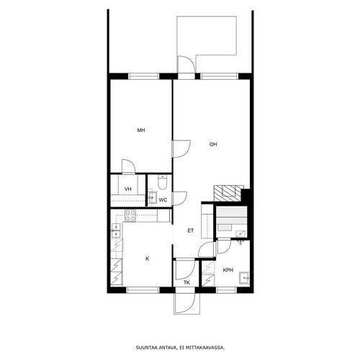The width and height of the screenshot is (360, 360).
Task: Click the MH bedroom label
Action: point(141,130)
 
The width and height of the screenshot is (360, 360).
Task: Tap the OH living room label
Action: point(213,144)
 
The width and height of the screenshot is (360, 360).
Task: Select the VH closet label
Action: point(128,189)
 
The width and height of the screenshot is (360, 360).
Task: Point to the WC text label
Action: point(163,200)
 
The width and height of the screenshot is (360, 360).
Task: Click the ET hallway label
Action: point(191,230)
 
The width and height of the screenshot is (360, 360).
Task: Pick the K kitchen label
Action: point(148,258)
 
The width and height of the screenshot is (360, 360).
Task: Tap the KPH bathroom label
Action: point(228,270)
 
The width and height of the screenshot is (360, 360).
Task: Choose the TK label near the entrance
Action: point(186,283)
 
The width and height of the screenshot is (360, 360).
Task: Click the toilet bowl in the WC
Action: point(162,182)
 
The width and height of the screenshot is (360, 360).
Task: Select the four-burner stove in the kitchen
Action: point(130,215)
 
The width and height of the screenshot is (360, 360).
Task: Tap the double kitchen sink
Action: point(116,230)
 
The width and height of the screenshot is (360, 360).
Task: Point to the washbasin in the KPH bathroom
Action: point(244,278)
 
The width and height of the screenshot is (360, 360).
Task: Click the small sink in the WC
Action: point(152,197)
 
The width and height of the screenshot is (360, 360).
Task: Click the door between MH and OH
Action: point(181,149)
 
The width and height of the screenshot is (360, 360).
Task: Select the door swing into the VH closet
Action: point(129,166)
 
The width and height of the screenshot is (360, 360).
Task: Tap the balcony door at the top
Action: point(186,64)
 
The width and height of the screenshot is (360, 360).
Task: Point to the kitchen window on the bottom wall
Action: point(143,290)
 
